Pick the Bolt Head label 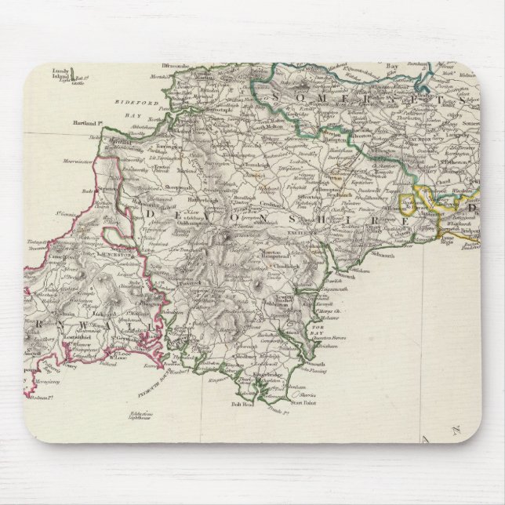[x=238, y=405]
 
